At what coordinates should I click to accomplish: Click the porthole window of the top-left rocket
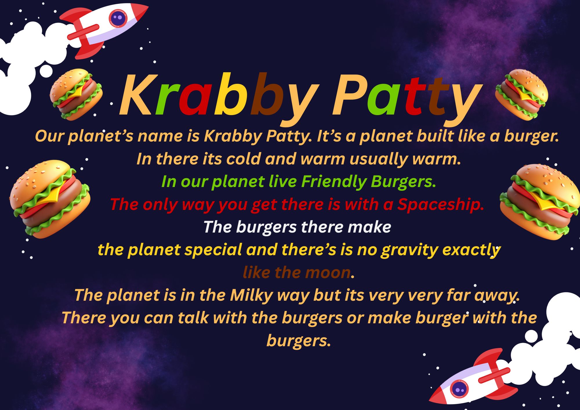click(118, 18)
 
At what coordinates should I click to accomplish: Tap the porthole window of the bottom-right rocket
click(459, 388)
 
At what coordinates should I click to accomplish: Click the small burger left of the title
click(76, 94)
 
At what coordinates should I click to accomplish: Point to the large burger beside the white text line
click(50, 199)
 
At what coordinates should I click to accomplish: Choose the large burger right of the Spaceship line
click(540, 202)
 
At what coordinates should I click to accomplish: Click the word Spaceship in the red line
click(441, 205)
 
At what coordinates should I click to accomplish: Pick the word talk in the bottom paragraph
click(193, 318)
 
